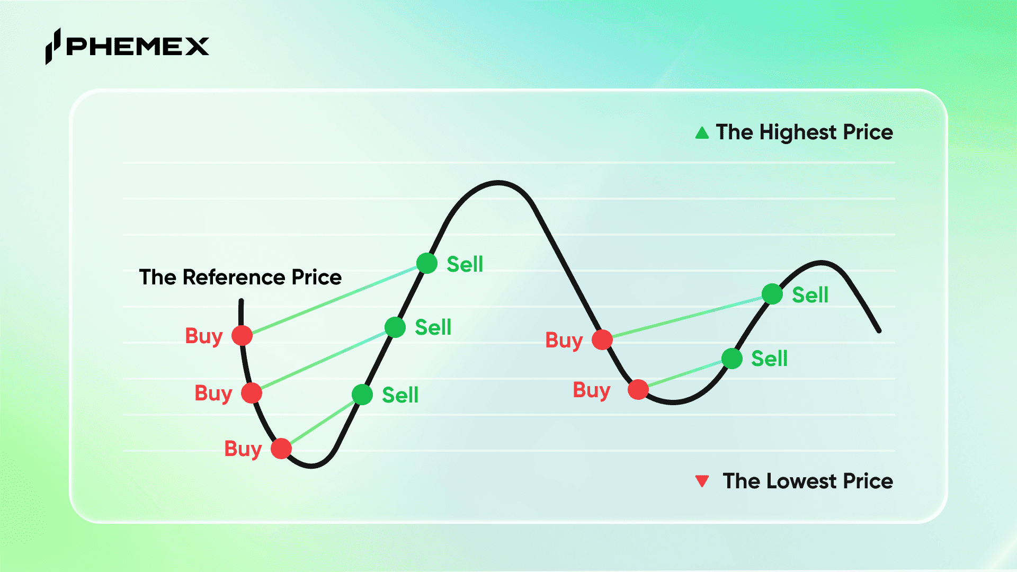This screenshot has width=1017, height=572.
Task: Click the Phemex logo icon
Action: click(x=53, y=46)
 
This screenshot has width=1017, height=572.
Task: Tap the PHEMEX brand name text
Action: click(x=138, y=47)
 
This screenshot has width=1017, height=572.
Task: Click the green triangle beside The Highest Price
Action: click(x=702, y=132)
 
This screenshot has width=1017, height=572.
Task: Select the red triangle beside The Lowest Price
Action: click(x=702, y=481)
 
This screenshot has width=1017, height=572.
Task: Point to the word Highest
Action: click(x=798, y=132)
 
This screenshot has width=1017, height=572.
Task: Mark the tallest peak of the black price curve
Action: click(x=498, y=183)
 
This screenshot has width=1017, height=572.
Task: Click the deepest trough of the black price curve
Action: click(x=311, y=466)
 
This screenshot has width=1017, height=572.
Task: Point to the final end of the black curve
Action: click(x=879, y=331)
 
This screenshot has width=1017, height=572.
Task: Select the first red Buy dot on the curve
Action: click(x=242, y=335)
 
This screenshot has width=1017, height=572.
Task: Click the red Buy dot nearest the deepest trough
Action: click(x=281, y=449)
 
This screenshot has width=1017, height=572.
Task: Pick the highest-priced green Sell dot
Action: click(x=427, y=263)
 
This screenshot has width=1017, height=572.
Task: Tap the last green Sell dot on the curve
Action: click(x=772, y=294)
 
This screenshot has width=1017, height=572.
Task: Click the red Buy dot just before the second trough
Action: click(x=638, y=390)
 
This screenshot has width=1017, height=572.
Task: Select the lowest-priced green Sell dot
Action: click(x=362, y=395)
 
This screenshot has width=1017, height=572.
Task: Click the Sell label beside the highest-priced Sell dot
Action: click(x=465, y=264)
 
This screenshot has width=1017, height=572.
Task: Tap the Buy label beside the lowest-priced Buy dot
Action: click(x=243, y=449)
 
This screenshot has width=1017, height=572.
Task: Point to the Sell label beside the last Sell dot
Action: click(x=810, y=294)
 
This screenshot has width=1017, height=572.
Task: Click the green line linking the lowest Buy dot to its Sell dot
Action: click(x=322, y=422)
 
